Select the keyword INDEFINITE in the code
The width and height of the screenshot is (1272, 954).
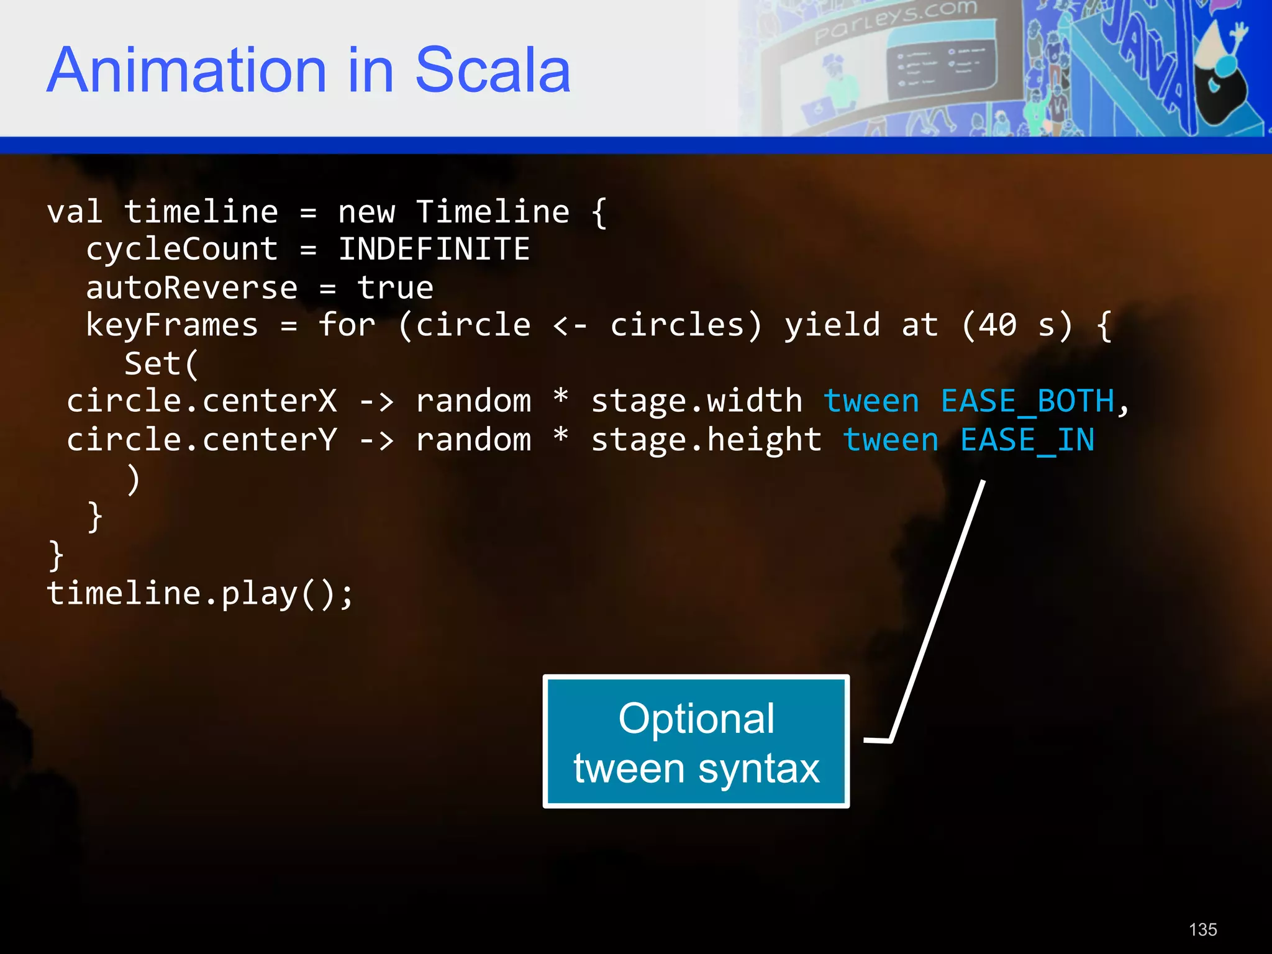pyautogui.click(x=434, y=250)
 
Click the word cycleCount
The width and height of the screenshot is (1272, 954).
pyautogui.click(x=181, y=250)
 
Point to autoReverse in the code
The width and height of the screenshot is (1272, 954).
pyautogui.click(x=191, y=288)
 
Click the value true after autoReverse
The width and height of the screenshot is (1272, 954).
pyautogui.click(x=395, y=288)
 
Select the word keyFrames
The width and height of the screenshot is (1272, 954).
pyautogui.click(x=171, y=325)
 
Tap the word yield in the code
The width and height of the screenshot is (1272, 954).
pyautogui.click(x=832, y=325)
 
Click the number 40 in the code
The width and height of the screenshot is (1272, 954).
pyautogui.click(x=997, y=325)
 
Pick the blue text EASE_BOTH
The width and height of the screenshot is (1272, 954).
pyautogui.click(x=1028, y=402)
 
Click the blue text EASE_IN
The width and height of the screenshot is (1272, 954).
pyautogui.click(x=1027, y=440)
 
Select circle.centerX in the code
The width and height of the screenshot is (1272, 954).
pyautogui.click(x=202, y=402)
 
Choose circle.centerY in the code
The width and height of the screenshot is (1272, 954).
pyautogui.click(x=202, y=440)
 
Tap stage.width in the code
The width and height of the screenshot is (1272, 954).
pyautogui.click(x=696, y=402)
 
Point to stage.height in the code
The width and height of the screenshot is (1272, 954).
pyautogui.click(x=706, y=440)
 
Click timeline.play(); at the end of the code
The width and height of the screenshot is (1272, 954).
pyautogui.click(x=200, y=594)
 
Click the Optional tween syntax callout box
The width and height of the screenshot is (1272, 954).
pyautogui.click(x=696, y=742)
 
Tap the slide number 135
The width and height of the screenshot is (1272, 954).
pyautogui.click(x=1202, y=930)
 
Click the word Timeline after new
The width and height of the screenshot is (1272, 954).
pyautogui.click(x=492, y=212)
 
